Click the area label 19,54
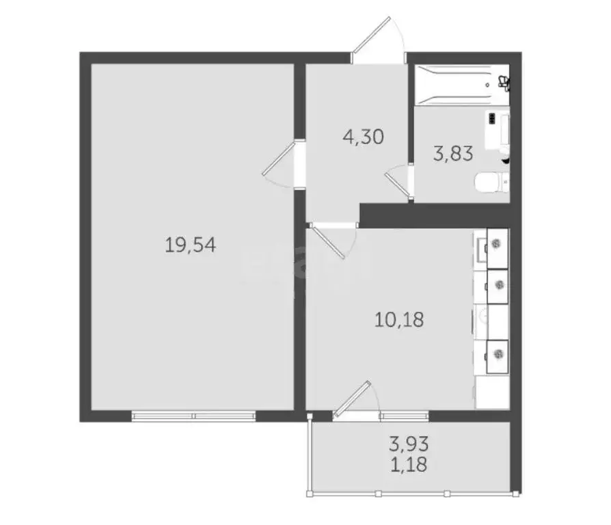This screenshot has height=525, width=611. (x=191, y=245)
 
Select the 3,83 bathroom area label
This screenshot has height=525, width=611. (x=453, y=153)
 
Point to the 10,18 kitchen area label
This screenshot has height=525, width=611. (x=400, y=319)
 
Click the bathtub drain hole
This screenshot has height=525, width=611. (x=487, y=85)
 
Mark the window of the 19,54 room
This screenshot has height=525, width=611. (x=193, y=414)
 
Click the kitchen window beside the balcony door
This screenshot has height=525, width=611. (x=405, y=415)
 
